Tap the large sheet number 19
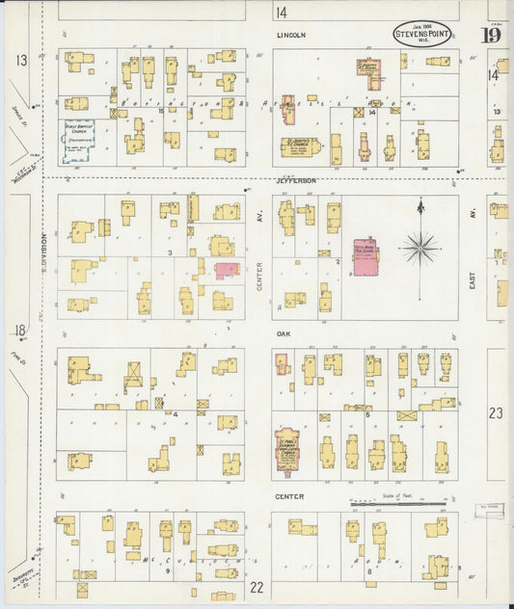491,36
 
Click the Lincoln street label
290,35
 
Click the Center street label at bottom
289,496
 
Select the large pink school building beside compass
365,257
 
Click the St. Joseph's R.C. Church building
301,147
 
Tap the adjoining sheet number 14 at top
281,13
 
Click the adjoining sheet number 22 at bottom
257,586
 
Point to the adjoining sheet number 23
496,412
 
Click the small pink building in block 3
227,270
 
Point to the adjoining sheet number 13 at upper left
20,60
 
